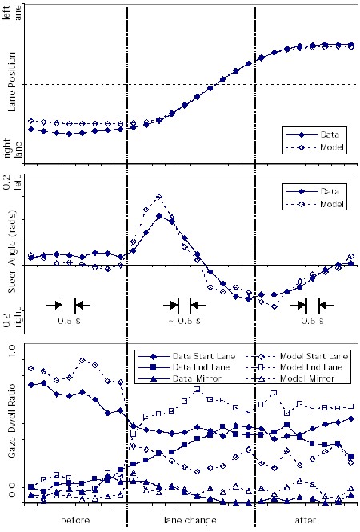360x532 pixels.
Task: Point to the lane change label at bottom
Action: point(191,521)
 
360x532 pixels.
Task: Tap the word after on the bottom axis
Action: point(307,521)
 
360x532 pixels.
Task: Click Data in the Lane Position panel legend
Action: point(328,134)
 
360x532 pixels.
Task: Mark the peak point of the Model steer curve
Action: point(159,196)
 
